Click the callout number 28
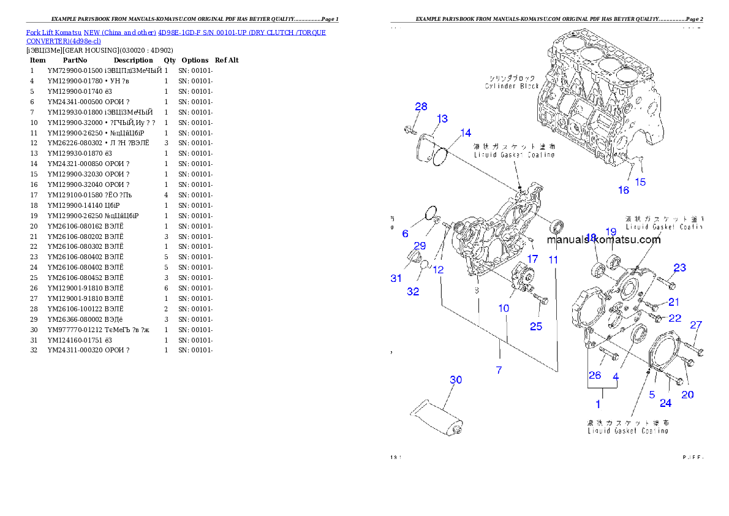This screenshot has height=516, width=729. [x=421, y=107]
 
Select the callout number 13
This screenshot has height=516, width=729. [x=442, y=118]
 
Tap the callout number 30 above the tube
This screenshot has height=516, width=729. [x=456, y=380]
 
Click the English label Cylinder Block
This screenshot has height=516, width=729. [x=512, y=86]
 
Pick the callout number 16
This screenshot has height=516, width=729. [x=623, y=190]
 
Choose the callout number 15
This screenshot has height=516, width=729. [x=640, y=182]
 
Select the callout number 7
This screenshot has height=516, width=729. [x=499, y=370]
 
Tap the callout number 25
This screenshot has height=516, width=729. [x=536, y=327]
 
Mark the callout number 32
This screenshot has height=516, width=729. [x=414, y=292]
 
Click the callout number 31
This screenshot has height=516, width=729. [x=396, y=278]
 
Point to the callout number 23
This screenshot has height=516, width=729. [x=680, y=268]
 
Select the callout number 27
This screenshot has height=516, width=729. [x=696, y=325]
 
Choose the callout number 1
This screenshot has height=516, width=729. [x=598, y=404]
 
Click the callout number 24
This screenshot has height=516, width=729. [x=666, y=403]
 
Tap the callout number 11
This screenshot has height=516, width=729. [x=553, y=260]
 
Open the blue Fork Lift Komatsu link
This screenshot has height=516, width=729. [x=176, y=32]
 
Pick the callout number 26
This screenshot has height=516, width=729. [x=594, y=375]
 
